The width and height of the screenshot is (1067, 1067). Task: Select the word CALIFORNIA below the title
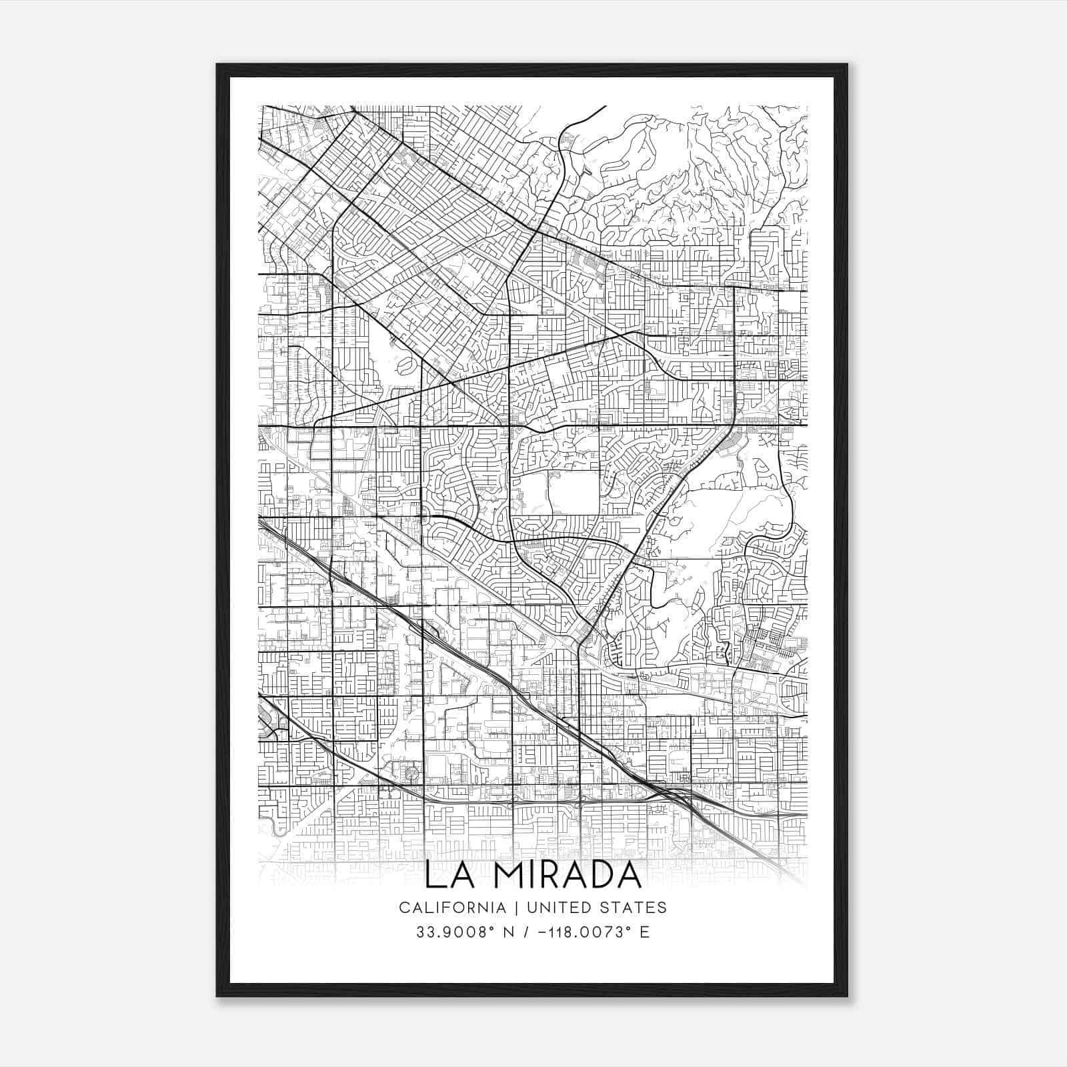pos(451,908)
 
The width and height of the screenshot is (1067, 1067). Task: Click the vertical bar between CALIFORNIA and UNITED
pos(515,908)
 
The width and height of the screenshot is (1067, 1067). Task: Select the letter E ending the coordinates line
pos(645,932)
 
